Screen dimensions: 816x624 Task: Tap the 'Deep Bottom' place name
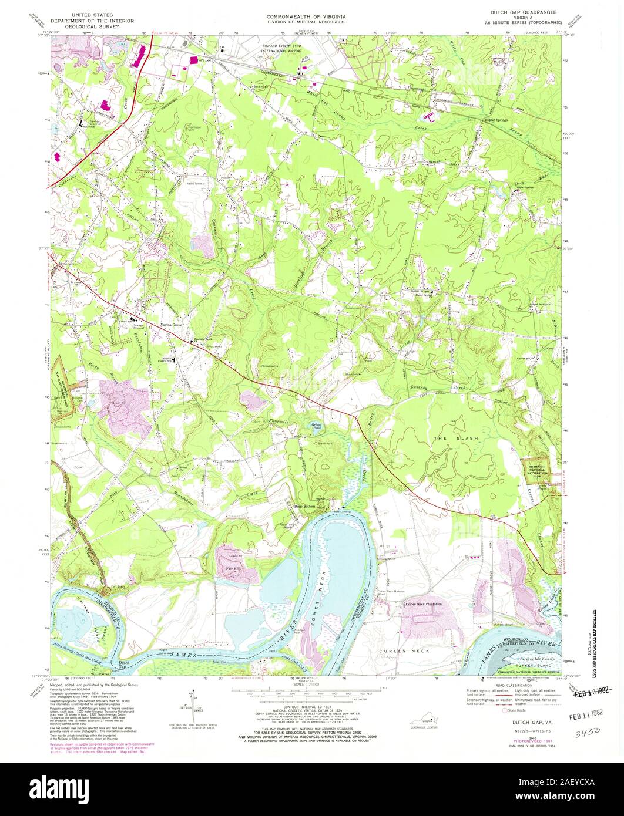coord(304,506)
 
